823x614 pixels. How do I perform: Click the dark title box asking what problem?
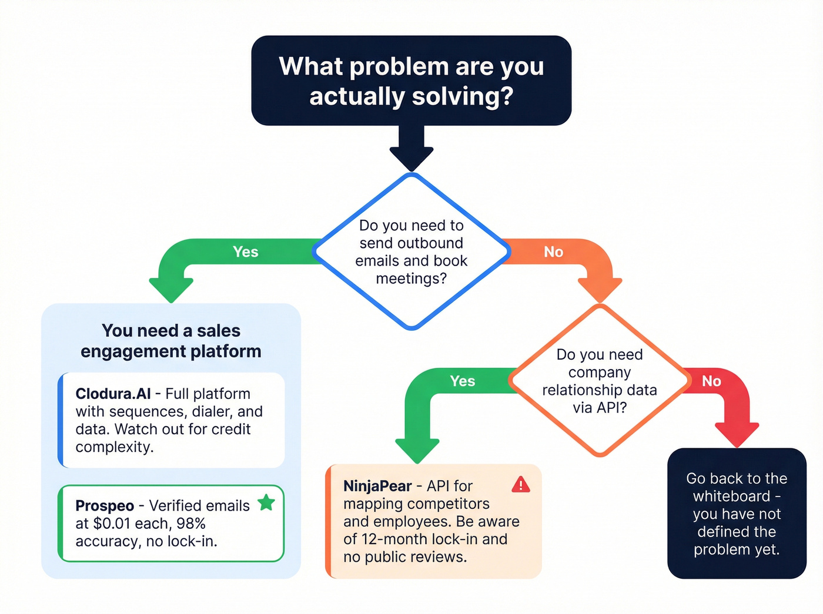point(411,80)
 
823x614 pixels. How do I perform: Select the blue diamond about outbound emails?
point(411,251)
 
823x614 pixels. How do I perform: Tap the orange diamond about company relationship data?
point(599,381)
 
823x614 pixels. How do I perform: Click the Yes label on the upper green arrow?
point(245,252)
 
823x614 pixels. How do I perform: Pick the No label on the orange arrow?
point(553,252)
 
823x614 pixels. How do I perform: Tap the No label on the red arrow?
point(711,381)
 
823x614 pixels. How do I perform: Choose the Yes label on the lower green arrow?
point(462,381)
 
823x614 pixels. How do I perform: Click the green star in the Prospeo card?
point(266,502)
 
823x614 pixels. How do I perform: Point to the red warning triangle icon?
point(521,485)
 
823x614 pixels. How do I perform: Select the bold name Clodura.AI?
point(113,394)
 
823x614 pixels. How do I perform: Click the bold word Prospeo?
point(105,506)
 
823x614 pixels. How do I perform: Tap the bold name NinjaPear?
point(377,486)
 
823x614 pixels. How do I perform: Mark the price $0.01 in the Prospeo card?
point(111,524)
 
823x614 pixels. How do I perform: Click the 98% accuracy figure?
point(191,524)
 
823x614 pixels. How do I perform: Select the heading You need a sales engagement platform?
point(170,341)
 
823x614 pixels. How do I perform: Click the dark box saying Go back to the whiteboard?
point(737,514)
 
